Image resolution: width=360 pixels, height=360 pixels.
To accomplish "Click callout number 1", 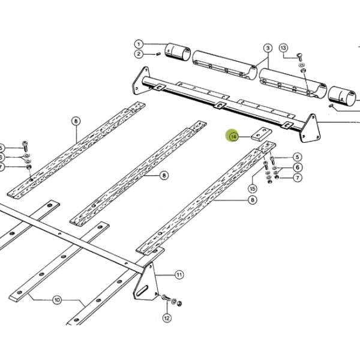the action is pyautogui.click(x=139, y=44).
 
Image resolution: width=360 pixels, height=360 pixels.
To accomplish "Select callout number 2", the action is pyautogui.click(x=139, y=54).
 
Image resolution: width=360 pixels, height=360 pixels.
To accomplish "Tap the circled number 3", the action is pyautogui.click(x=268, y=48).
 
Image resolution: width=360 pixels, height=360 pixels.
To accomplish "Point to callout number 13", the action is pyautogui.click(x=283, y=48).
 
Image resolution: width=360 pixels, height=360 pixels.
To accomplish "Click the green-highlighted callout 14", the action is pyautogui.click(x=233, y=137).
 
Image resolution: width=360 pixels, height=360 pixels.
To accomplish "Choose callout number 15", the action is pyautogui.click(x=253, y=189).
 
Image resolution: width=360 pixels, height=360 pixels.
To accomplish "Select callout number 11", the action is pyautogui.click(x=179, y=275).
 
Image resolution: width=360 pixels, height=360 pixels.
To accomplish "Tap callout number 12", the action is pyautogui.click(x=167, y=318).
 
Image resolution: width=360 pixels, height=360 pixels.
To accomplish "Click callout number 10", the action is pyautogui.click(x=57, y=300).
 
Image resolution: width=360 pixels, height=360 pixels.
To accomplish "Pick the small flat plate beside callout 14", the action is pyautogui.click(x=262, y=134).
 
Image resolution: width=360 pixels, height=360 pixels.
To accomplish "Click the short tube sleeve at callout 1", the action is pyautogui.click(x=178, y=52).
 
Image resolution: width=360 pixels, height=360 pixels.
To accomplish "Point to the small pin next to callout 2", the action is pyautogui.click(x=158, y=54).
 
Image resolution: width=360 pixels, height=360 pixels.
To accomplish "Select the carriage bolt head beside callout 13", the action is pyautogui.click(x=299, y=56).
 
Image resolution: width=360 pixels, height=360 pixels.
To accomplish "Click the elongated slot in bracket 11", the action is pyautogui.click(x=142, y=290).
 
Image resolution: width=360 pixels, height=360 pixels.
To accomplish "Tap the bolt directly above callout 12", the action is pyautogui.click(x=166, y=298).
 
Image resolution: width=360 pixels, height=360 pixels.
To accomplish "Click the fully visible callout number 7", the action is pyautogui.click(x=298, y=178).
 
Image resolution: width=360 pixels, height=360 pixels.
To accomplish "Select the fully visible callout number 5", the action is pyautogui.click(x=298, y=157).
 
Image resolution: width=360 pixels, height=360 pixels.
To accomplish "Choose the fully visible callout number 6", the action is pyautogui.click(x=298, y=167).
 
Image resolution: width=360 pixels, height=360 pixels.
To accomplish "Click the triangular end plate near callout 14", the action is pyautogui.click(x=310, y=128).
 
